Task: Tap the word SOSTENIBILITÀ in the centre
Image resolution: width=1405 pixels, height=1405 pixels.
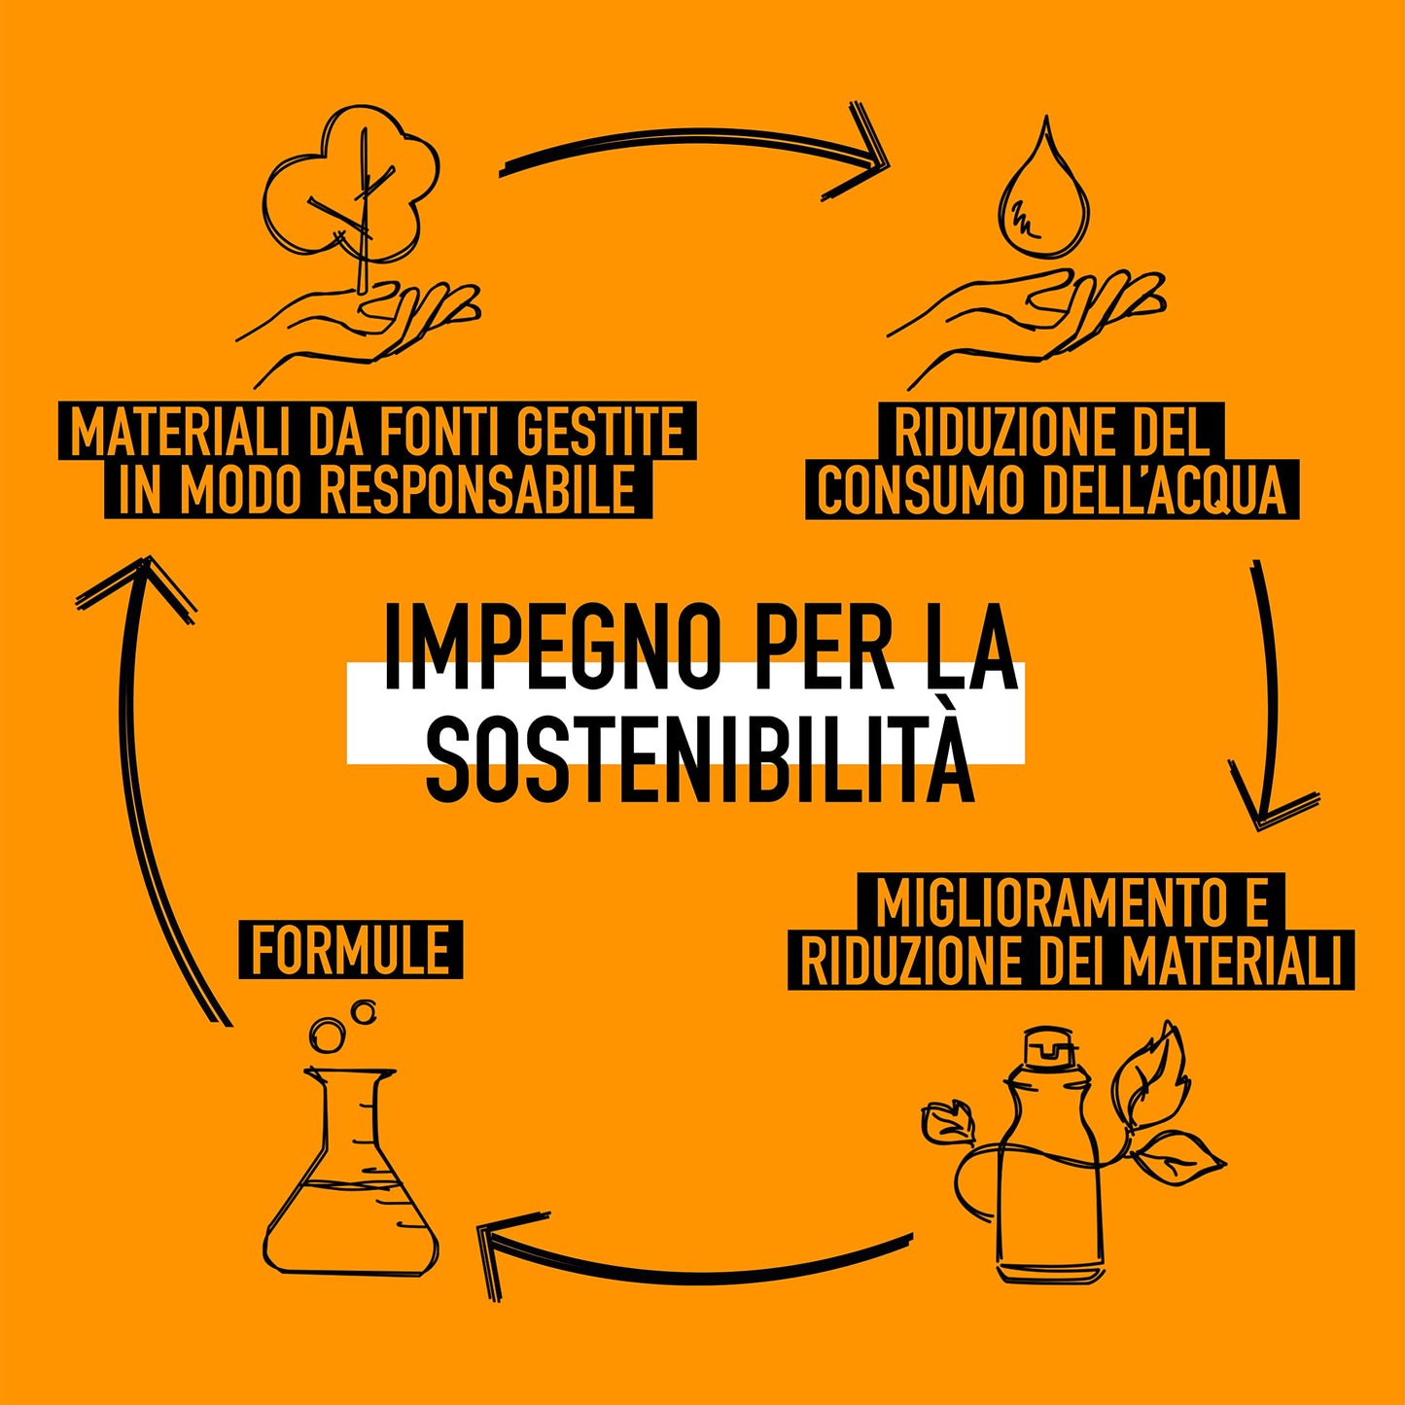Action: pos(700,757)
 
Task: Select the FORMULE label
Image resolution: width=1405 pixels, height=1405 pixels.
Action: pos(350,950)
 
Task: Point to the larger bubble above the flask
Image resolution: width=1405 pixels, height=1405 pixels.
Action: pos(327,1034)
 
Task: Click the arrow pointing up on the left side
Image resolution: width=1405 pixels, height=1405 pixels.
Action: pos(151,778)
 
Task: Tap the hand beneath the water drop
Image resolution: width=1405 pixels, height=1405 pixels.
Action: pos(1031,316)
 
